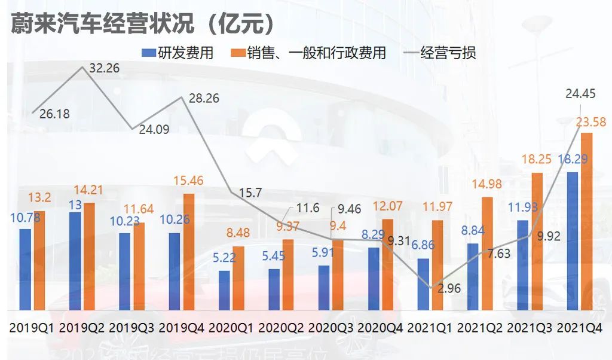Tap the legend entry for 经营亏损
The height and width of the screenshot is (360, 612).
(439, 53)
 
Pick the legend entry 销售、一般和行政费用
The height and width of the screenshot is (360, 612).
(308, 53)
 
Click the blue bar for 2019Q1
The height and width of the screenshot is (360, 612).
(25, 269)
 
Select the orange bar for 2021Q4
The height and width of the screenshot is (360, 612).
(587, 221)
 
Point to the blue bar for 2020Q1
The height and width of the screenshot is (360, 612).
(224, 290)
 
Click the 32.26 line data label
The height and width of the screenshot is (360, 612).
(104, 68)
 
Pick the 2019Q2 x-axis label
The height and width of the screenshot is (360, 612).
(82, 328)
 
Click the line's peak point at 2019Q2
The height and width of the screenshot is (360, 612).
(82, 68)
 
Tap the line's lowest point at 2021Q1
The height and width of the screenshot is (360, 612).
(430, 288)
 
